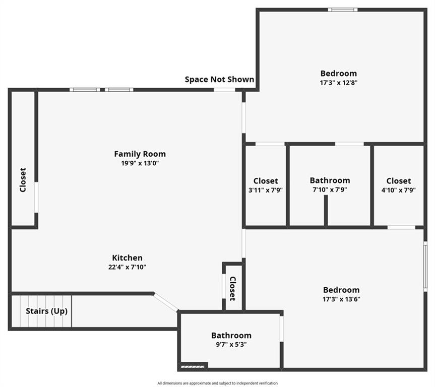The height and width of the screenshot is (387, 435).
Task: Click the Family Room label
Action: click(x=140, y=154)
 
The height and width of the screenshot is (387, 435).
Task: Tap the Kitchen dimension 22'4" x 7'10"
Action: click(x=127, y=267)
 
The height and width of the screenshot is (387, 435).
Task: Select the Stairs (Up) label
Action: click(x=46, y=311)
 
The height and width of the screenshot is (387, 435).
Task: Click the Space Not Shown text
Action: click(x=219, y=79)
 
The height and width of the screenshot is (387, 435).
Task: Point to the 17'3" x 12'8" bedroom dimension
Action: click(x=338, y=83)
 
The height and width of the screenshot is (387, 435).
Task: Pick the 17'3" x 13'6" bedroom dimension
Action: click(x=341, y=299)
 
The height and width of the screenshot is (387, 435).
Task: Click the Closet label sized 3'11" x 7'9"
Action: click(x=266, y=181)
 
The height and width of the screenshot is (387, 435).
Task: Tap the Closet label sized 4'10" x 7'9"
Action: click(x=399, y=181)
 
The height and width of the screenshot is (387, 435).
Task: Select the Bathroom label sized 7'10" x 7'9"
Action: click(x=330, y=180)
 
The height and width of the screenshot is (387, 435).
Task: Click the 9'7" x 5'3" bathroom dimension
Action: click(x=231, y=345)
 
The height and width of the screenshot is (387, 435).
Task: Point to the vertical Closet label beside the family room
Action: click(x=23, y=180)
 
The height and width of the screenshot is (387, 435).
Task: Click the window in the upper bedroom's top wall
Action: click(x=343, y=10)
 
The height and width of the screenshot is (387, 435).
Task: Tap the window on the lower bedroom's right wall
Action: click(x=425, y=267)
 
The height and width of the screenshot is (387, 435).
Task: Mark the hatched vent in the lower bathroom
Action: click(x=193, y=367)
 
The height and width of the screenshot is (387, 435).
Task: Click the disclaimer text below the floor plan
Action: click(x=218, y=383)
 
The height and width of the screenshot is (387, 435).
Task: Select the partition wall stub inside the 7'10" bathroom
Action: click(x=326, y=210)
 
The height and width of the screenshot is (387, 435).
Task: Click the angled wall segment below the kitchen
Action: click(x=166, y=302)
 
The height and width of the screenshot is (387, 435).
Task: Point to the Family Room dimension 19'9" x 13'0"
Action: click(x=140, y=163)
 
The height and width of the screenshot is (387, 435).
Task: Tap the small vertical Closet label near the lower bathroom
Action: click(x=233, y=289)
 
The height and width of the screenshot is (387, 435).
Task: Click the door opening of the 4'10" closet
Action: click(x=401, y=227)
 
